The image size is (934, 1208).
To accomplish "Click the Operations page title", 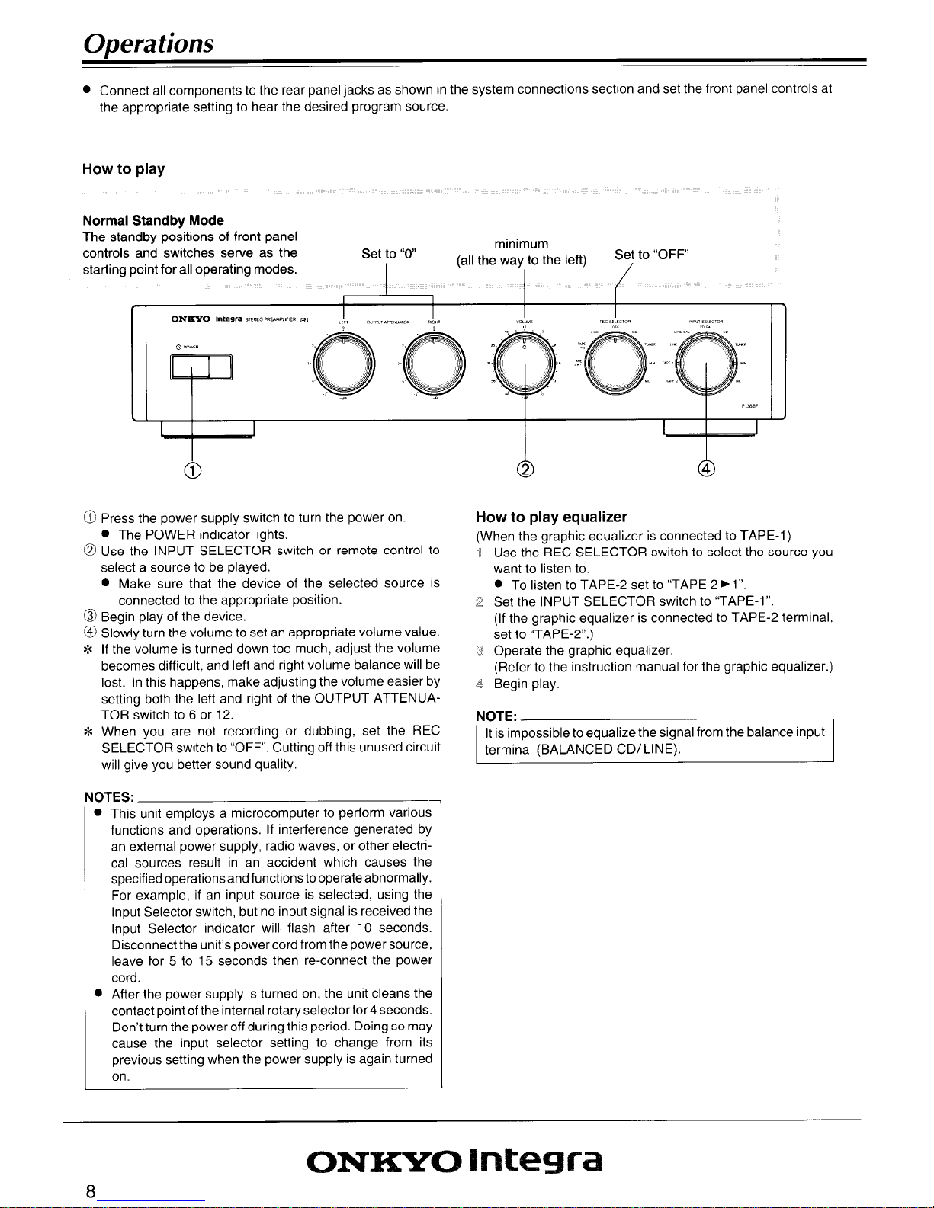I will [148, 43].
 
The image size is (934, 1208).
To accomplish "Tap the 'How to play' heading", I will [124, 169].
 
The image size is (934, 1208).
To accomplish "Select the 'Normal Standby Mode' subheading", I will [152, 220].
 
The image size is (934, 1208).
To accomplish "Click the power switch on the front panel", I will [201, 370].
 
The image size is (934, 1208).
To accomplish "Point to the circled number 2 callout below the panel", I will [525, 469].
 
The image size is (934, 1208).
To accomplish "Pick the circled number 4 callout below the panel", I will [707, 469].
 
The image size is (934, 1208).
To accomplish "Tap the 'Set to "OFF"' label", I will [652, 254].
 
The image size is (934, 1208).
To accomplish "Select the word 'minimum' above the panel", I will [522, 244].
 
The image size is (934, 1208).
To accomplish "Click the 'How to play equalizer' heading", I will [551, 517].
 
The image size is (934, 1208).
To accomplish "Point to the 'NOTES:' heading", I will [109, 797].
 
